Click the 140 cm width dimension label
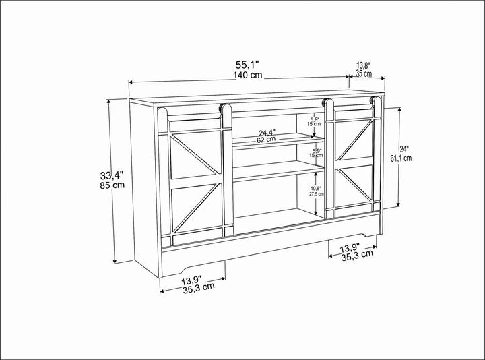(x=247, y=76)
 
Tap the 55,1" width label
(x=247, y=65)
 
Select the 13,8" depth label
(x=364, y=65)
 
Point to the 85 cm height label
(x=112, y=185)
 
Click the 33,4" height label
(x=112, y=176)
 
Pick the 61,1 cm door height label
(x=401, y=158)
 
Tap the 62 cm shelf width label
(x=266, y=140)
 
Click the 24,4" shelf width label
(x=267, y=133)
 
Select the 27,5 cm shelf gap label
(x=316, y=194)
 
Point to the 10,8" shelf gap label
(x=316, y=188)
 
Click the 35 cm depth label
(x=364, y=73)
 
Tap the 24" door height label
(x=404, y=149)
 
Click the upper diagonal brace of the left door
(x=195, y=154)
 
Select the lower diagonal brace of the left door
(x=197, y=208)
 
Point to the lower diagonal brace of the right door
(x=356, y=185)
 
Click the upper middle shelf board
(x=279, y=141)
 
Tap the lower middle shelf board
(x=278, y=171)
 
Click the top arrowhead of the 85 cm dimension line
(x=108, y=102)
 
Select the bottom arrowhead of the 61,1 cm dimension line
(x=398, y=204)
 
